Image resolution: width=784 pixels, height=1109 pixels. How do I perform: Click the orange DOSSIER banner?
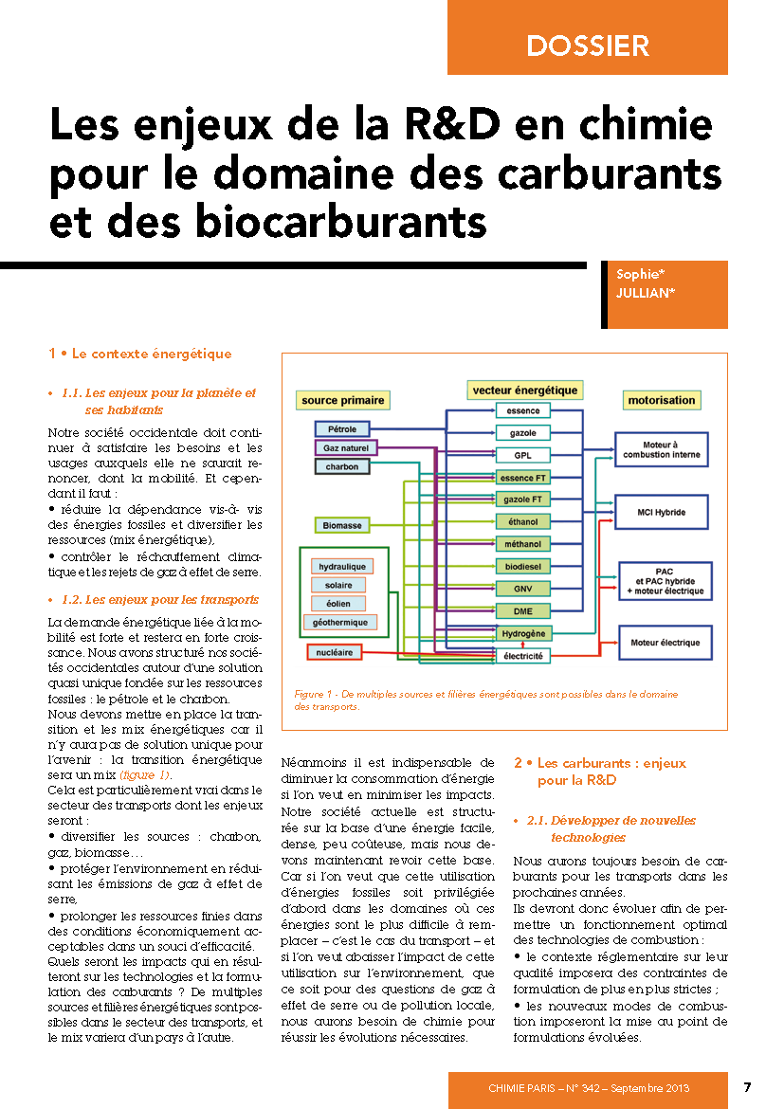pos(588,45)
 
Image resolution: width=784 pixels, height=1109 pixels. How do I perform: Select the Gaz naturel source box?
pos(345,447)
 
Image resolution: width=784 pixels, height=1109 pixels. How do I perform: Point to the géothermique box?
pos(338,623)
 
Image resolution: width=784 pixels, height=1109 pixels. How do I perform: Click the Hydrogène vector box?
pos(523,632)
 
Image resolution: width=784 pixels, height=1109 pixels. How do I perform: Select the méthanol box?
pos(523,544)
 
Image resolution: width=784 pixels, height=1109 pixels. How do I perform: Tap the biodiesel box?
pos(523,566)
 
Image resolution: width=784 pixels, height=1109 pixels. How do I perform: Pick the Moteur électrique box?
pos(665,643)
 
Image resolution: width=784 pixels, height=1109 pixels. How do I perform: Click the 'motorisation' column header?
pos(661,400)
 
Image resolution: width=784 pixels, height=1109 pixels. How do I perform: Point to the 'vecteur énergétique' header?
pos(524,390)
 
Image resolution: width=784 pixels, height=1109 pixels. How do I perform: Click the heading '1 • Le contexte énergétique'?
pos(139,354)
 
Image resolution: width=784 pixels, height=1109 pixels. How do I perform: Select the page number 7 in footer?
pos(747,1086)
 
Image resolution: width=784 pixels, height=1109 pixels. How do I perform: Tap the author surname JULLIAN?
pos(646,293)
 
